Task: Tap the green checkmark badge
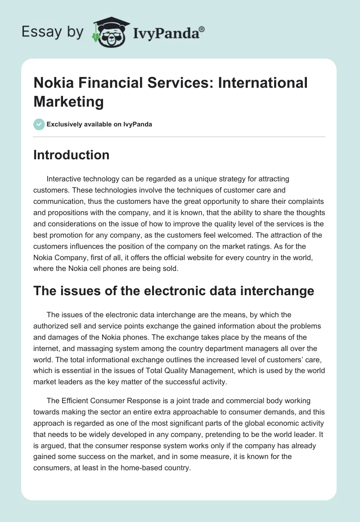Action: (x=39, y=124)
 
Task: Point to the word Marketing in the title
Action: (x=68, y=102)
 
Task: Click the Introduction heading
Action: (x=72, y=155)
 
